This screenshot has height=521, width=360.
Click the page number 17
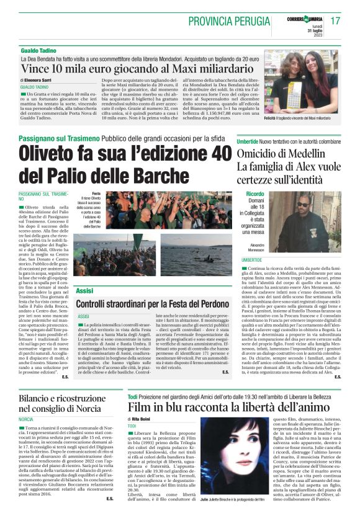(x=336, y=20)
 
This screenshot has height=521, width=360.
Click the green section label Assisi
(x=84, y=290)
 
